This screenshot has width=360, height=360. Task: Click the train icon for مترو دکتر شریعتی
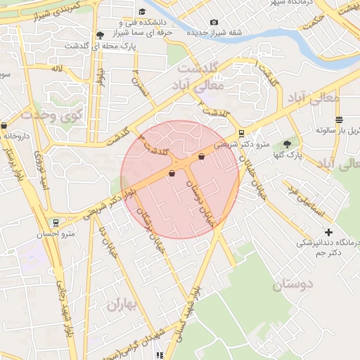[x=242, y=133]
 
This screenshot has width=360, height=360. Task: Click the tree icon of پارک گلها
[x=286, y=143]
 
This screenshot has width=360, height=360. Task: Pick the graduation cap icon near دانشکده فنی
[x=143, y=11]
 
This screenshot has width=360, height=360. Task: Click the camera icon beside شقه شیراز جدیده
[x=214, y=22]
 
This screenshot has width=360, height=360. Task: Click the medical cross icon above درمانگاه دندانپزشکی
[x=328, y=232]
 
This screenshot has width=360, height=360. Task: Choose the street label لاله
[x=57, y=69]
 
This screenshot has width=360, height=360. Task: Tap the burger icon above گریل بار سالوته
[x=339, y=119]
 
